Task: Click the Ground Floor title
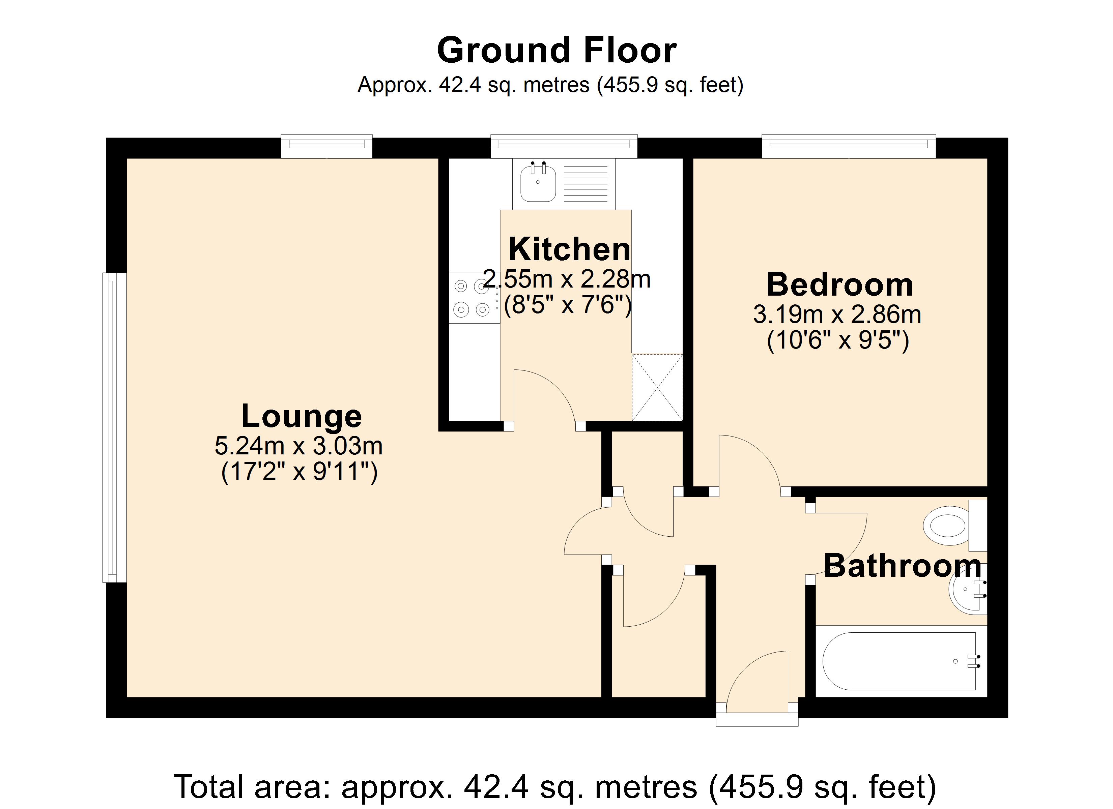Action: click(556, 51)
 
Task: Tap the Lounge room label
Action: click(301, 417)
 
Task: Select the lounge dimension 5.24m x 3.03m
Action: click(298, 446)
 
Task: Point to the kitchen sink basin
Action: click(538, 183)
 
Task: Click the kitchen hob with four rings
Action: click(473, 297)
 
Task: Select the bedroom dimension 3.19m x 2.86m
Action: click(837, 314)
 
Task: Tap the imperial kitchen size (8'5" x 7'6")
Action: click(567, 305)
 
